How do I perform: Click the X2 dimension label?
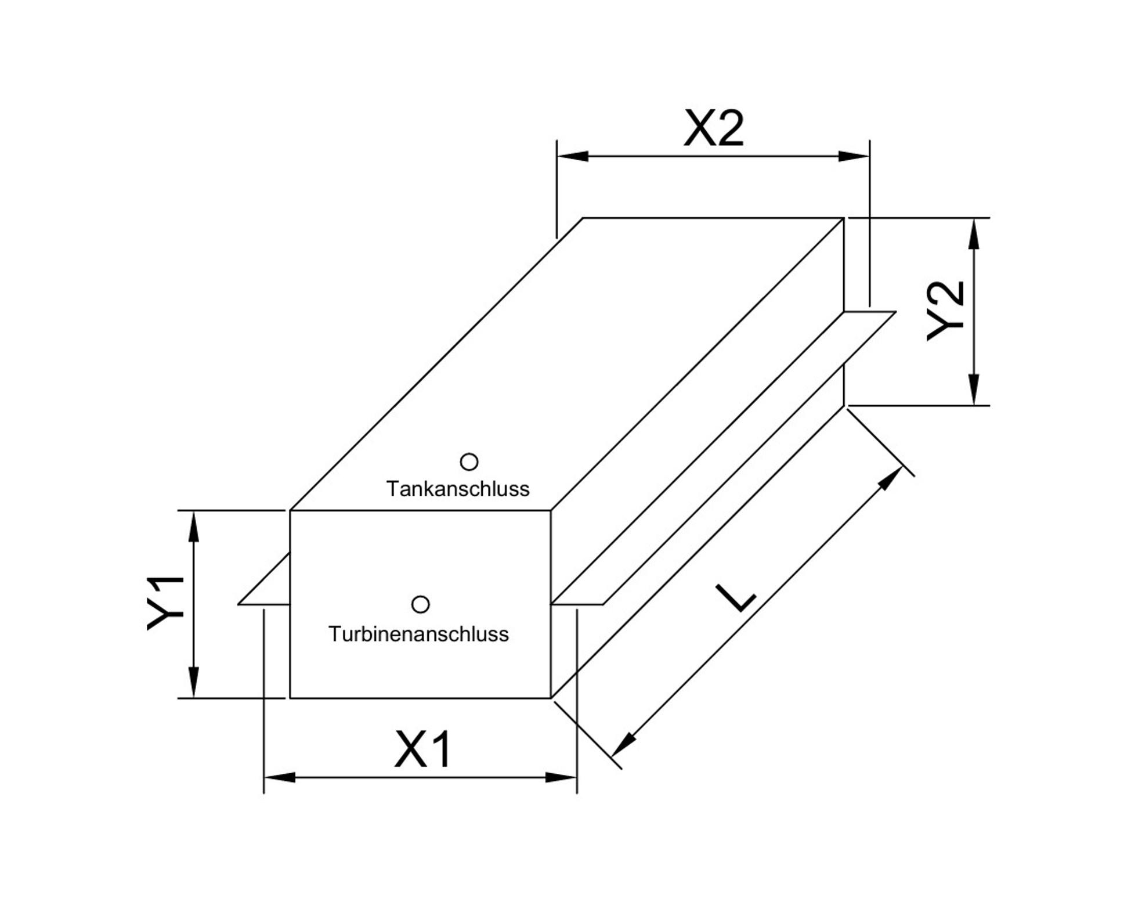coord(713,128)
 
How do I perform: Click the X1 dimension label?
coord(422,749)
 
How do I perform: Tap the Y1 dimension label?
coord(165,603)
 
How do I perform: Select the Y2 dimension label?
coord(946,311)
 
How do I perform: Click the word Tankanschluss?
coord(457,489)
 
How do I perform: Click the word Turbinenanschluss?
coord(418,634)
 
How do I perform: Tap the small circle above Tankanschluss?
coord(469,462)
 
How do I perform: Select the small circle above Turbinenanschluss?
coord(420,605)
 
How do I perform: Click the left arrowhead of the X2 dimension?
coord(571,156)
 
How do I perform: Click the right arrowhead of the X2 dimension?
coord(854,156)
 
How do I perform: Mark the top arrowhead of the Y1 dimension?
coord(194,525)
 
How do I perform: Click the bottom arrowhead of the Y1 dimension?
coord(194,683)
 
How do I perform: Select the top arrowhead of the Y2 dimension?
coord(974,233)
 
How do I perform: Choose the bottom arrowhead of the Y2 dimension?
coord(974,390)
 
